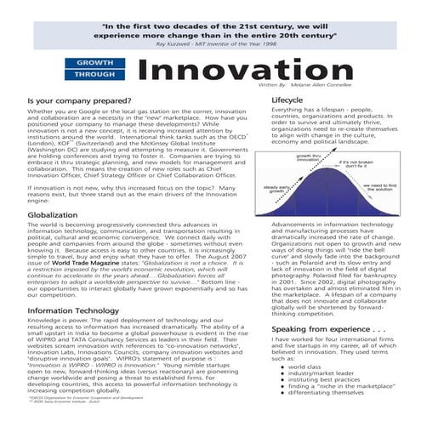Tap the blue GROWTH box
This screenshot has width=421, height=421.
(x=95, y=63)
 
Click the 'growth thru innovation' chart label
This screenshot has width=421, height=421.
(x=308, y=158)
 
